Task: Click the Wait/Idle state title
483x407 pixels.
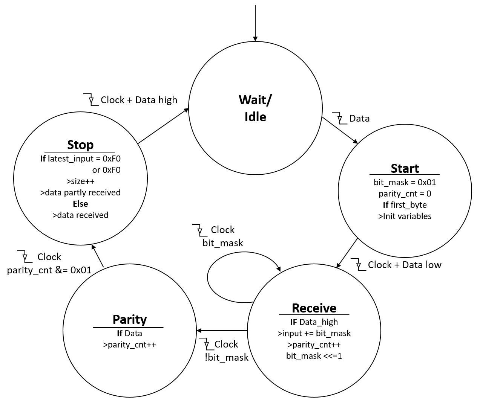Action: coord(255,108)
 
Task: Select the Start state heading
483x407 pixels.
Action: coord(405,168)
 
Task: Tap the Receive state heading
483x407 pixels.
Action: coord(314,308)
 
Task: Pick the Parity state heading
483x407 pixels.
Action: coord(129,319)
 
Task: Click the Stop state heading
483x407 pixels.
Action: coord(80,145)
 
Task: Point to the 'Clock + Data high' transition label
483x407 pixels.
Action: coord(139,100)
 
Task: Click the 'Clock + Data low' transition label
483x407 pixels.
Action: coord(404,265)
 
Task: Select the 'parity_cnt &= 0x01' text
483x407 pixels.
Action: coord(49,270)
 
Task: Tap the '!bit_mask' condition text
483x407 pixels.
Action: coord(226,357)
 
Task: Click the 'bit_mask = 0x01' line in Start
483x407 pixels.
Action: coord(405,182)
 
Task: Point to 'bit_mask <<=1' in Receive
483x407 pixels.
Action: coord(314,356)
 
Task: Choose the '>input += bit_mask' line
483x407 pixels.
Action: coord(314,333)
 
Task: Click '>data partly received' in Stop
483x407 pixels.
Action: coord(80,192)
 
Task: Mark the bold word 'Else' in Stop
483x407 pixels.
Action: coord(80,204)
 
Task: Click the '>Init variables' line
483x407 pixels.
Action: coord(405,216)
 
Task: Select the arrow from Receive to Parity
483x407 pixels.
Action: coord(222,331)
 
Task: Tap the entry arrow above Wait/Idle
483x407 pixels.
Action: coord(255,23)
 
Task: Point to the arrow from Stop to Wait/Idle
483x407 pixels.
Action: coord(163,126)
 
